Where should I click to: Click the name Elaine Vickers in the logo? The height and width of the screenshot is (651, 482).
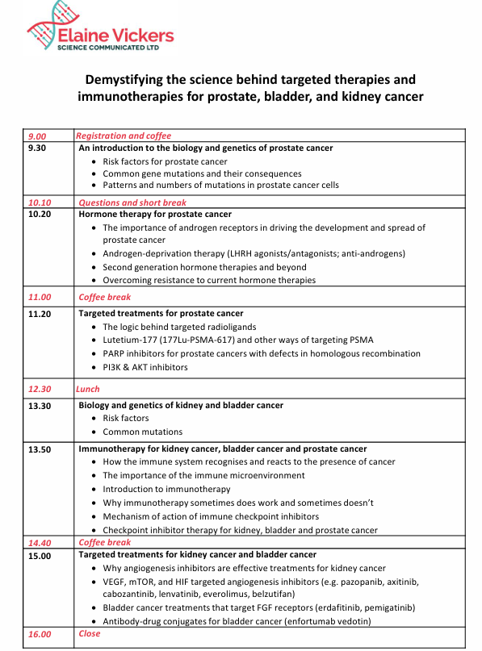click(115, 35)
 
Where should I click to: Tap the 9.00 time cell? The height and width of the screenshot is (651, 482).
click(37, 136)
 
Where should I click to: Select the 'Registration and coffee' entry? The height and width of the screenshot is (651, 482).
click(124, 136)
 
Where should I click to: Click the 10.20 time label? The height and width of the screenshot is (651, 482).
click(40, 215)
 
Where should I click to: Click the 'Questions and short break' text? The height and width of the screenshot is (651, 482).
click(132, 202)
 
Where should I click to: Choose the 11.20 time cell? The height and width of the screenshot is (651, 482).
click(40, 313)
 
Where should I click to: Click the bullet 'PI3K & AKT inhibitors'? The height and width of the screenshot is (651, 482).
click(145, 367)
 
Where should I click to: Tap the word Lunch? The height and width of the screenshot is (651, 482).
click(88, 389)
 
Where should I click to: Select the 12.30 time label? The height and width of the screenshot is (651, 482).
click(40, 390)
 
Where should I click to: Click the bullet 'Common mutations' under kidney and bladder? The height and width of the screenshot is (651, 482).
click(143, 432)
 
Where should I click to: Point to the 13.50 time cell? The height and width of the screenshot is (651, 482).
click(40, 449)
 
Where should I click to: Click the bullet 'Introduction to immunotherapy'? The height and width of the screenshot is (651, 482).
click(166, 490)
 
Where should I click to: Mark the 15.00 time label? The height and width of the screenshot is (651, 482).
click(40, 556)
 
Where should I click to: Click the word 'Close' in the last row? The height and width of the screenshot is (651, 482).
click(90, 633)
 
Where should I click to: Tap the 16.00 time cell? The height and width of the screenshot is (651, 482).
click(40, 635)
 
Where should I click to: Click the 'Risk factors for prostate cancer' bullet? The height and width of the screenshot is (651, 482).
click(165, 161)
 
